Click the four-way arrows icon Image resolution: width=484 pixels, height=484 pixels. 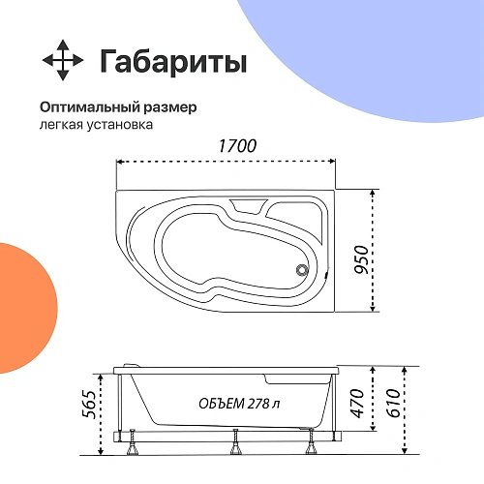point(63,61)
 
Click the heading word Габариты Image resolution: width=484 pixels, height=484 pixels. point(173,61)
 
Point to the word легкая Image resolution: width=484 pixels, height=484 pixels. point(61,125)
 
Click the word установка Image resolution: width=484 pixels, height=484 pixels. point(118,125)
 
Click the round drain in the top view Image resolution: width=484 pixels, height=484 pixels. point(302,271)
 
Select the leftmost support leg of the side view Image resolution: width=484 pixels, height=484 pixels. point(131,447)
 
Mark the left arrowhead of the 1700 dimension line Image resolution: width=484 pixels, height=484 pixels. point(120,164)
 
